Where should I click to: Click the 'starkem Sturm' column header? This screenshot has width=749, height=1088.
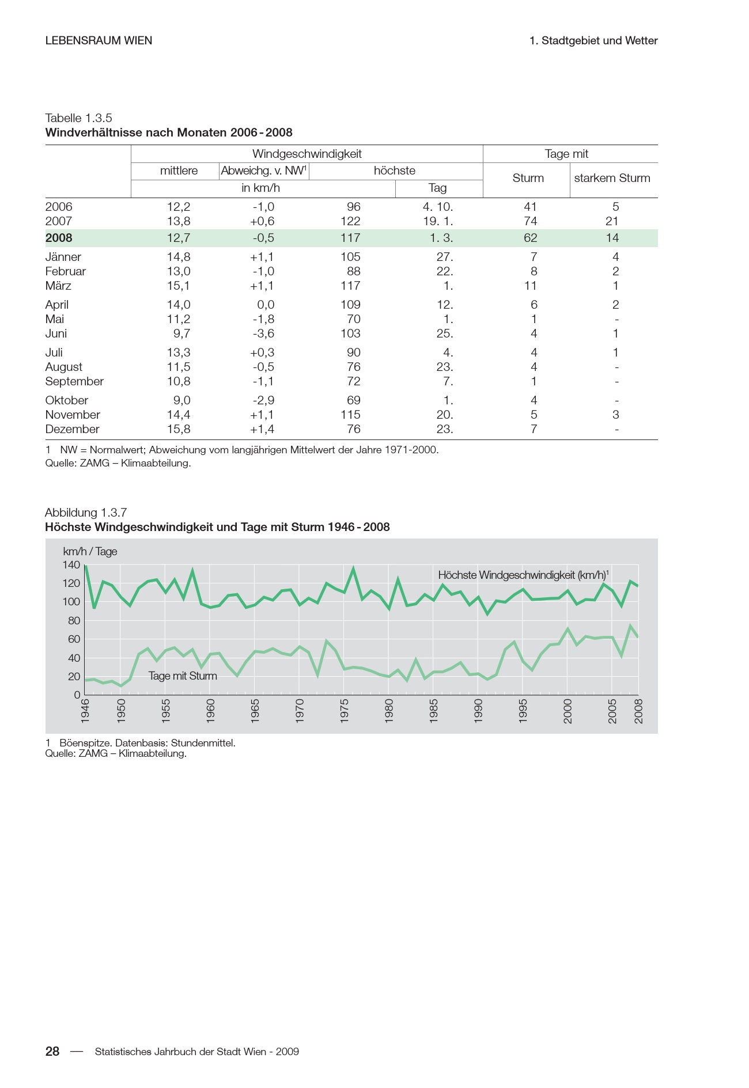(612, 178)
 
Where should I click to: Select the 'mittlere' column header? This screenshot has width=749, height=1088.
(179, 170)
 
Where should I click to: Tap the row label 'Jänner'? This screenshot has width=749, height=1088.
(63, 257)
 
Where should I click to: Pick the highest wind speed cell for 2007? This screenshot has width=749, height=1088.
(350, 221)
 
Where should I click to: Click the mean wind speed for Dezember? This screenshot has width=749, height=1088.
(179, 429)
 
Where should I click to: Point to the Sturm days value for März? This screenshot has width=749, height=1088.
(531, 286)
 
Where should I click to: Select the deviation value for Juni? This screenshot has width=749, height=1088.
(263, 333)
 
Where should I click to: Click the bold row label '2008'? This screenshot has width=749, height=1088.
(59, 238)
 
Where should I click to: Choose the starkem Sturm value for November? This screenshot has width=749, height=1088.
(615, 415)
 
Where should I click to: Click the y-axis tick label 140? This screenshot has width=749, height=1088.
(71, 565)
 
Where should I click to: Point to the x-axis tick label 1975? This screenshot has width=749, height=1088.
(345, 710)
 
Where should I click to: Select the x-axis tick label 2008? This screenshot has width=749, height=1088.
(638, 710)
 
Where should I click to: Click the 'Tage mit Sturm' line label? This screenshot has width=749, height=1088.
(183, 676)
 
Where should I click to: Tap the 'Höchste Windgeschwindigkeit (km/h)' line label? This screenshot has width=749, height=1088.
(523, 575)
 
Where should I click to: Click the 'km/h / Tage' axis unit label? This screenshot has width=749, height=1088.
(90, 552)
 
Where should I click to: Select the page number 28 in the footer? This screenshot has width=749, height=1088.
(52, 1052)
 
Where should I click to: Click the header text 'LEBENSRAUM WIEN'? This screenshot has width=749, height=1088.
(99, 41)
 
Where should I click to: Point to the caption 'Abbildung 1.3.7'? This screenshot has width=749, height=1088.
(86, 513)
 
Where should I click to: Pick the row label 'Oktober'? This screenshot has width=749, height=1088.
(67, 400)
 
